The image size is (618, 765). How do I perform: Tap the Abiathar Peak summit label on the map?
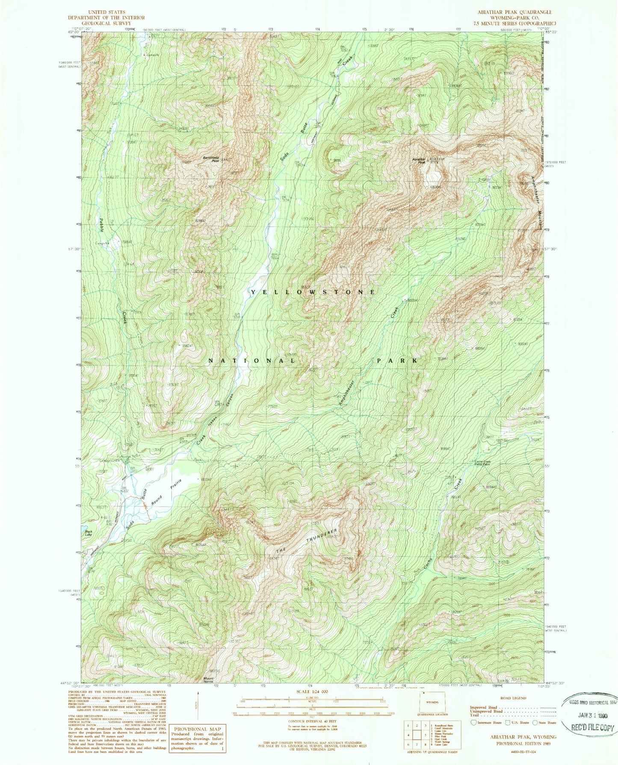coord(419,161)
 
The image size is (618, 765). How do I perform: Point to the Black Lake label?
coord(88,533)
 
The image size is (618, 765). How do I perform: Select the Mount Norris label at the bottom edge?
coord(208,691)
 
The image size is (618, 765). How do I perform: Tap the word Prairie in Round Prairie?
coord(177,486)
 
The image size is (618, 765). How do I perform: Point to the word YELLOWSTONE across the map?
coord(313,292)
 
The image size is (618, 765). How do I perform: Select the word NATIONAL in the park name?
coord(252,361)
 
